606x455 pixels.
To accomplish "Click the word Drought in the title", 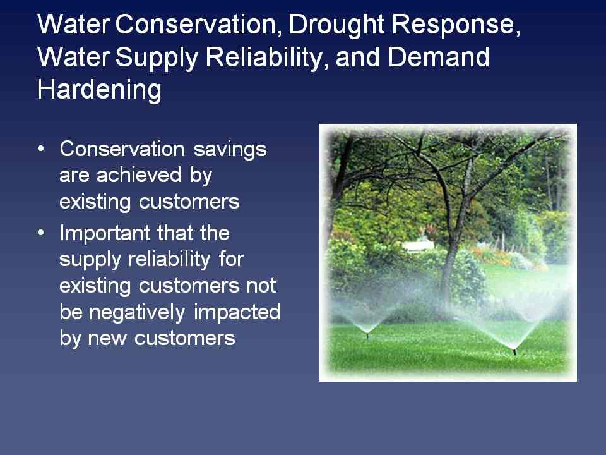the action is [x=336, y=25].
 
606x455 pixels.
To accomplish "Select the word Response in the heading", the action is [x=456, y=25].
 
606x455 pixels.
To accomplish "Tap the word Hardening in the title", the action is [x=99, y=90].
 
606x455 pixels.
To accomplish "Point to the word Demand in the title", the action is [x=439, y=57].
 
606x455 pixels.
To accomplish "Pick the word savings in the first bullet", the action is [x=230, y=150].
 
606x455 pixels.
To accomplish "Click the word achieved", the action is [x=139, y=174].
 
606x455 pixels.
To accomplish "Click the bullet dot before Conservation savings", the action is [x=41, y=149].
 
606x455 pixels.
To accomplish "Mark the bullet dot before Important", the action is [x=41, y=233].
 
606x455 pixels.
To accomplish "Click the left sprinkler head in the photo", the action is [x=367, y=334].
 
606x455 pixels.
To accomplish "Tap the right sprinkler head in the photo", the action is [x=514, y=351].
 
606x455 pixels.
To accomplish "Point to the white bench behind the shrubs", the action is [x=418, y=246].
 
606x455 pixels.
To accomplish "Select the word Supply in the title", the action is [x=157, y=58].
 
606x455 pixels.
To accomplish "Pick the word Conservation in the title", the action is [x=196, y=24].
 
